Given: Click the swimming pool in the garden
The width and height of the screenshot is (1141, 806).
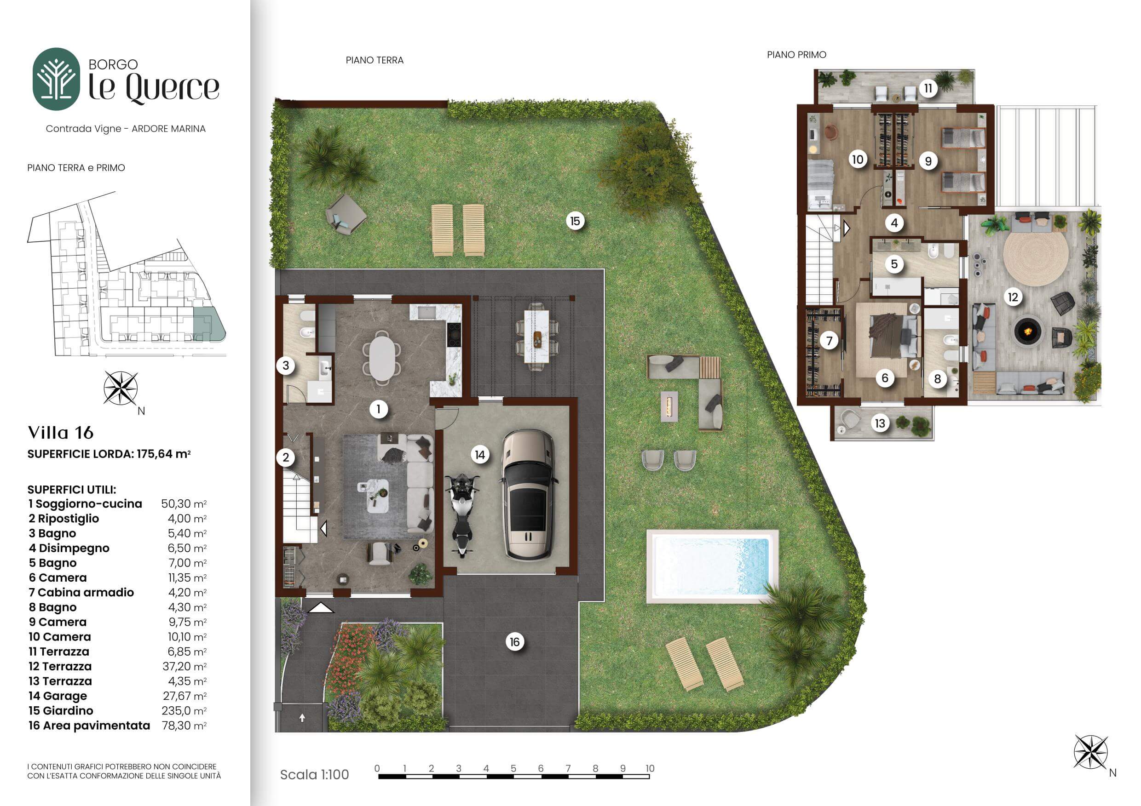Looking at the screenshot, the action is [x=712, y=566].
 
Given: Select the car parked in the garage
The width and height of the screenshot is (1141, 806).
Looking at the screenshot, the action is [x=528, y=502].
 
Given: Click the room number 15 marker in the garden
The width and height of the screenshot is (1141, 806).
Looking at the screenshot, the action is [x=575, y=221].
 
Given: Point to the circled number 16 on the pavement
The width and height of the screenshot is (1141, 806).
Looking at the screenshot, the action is [x=514, y=642].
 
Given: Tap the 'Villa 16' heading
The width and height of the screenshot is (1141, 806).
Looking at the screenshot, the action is [x=61, y=433].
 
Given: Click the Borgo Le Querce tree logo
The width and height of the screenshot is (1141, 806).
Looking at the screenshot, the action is [x=56, y=79].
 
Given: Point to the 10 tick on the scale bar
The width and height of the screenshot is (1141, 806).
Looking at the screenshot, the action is [x=650, y=776].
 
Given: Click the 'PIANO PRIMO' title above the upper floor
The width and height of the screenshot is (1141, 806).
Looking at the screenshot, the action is [x=796, y=55].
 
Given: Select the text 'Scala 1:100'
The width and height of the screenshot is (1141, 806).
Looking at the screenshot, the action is [x=315, y=775].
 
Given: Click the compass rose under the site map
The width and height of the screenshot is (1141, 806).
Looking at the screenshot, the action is [x=121, y=389].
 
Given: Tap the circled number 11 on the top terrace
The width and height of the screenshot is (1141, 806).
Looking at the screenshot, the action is [x=928, y=88].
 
